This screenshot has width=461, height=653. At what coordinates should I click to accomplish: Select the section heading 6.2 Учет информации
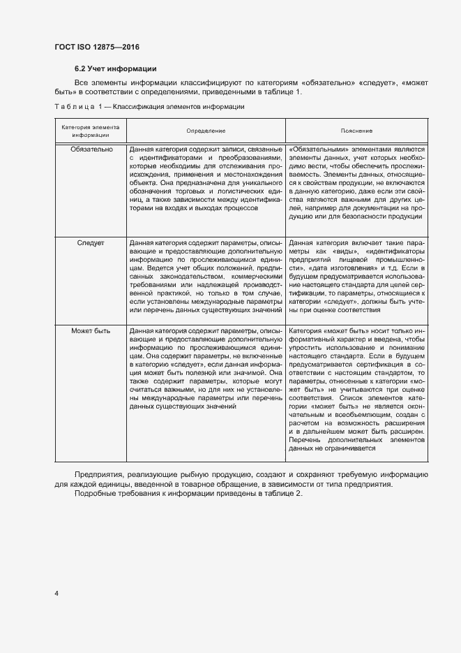[115, 68]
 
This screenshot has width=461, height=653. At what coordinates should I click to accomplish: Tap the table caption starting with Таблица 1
[149, 107]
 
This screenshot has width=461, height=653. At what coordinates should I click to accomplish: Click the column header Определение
[206, 131]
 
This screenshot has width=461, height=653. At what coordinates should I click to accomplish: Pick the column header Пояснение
[356, 131]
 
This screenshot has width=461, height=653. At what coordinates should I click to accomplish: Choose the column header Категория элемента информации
[90, 131]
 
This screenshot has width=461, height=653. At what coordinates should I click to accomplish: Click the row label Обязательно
[91, 149]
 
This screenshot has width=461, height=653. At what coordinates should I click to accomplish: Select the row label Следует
[91, 243]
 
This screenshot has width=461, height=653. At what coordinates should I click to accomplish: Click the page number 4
[56, 594]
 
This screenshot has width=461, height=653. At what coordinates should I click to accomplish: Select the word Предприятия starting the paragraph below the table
[99, 475]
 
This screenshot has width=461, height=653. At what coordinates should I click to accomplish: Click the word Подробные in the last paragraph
[96, 494]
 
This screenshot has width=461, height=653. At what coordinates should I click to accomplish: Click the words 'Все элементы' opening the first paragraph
[98, 83]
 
